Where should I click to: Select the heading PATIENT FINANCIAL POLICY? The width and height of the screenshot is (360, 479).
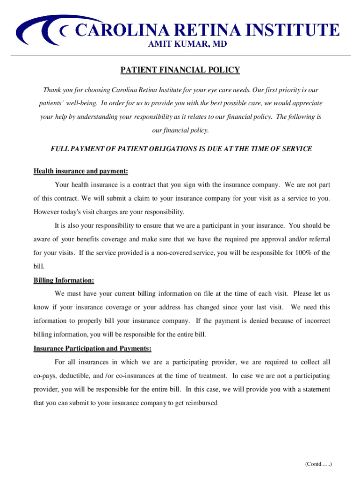click(x=180, y=70)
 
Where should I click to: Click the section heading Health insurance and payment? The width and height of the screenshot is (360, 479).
click(x=80, y=171)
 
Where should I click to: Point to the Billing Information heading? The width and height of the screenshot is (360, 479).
click(x=64, y=281)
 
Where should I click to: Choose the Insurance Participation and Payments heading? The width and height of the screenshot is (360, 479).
click(x=92, y=348)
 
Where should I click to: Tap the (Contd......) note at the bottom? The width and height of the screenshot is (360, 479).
click(x=318, y=464)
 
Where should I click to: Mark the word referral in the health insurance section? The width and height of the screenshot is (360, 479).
click(x=318, y=239)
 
